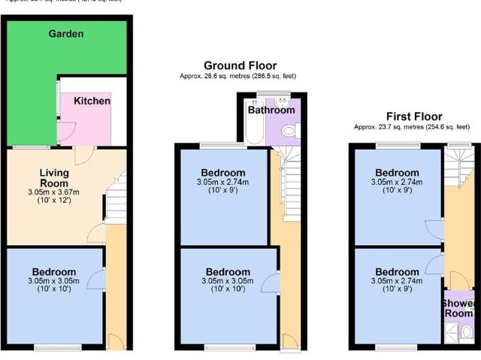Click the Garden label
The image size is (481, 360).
coord(65,34)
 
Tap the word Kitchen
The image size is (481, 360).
coord(92,101)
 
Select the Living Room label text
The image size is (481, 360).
coord(54,177)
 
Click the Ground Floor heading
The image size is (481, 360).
coord(240,65)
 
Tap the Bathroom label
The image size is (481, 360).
coord(271,110)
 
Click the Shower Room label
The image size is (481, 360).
coord(458,308)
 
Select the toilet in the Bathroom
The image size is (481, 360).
coord(289,131)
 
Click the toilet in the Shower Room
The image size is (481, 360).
coord(466,331)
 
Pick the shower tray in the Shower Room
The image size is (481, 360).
coord(452,331)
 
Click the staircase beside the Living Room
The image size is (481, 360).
coord(114,201)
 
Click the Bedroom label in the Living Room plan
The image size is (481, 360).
coord(53,271)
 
